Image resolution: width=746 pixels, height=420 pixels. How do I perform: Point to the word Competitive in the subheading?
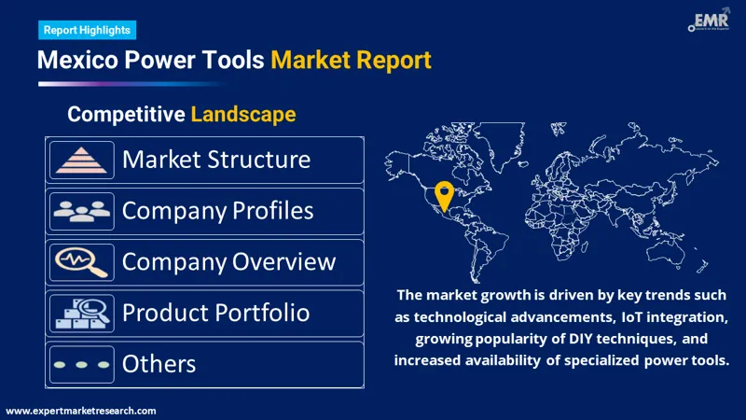(x=126, y=115)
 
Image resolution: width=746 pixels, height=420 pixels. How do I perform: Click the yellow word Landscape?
(x=243, y=115)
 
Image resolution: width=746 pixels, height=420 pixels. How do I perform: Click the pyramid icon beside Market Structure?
(x=81, y=160)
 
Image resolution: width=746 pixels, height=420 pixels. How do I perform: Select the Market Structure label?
(x=216, y=160)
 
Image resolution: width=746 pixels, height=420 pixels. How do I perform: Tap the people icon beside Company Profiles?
(x=81, y=211)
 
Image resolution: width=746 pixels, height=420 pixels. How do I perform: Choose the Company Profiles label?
(x=218, y=211)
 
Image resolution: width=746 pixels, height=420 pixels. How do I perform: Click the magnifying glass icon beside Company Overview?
(x=81, y=261)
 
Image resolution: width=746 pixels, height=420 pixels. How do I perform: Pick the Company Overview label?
(x=228, y=261)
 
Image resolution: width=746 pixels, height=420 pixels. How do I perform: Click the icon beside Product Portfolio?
(x=81, y=313)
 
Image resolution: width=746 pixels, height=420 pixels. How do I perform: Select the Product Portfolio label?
(x=215, y=313)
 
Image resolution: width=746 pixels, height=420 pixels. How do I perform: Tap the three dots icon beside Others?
(x=81, y=364)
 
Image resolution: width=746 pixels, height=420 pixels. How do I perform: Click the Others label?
(x=159, y=364)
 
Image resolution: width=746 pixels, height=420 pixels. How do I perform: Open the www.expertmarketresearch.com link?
(x=81, y=411)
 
